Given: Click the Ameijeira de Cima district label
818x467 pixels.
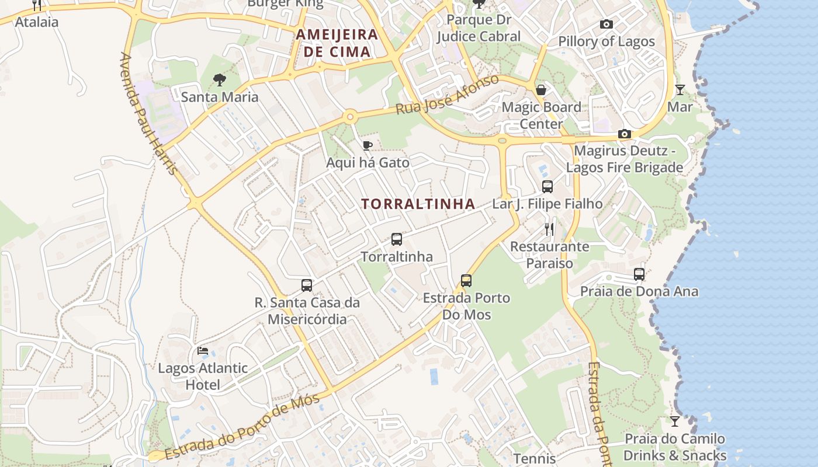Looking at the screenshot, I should tap(337, 43).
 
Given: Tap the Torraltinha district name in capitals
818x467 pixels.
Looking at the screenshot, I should tap(418, 204).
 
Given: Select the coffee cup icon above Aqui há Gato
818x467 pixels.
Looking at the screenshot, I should tap(368, 145).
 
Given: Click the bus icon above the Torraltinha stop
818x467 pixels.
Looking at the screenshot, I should tap(397, 239).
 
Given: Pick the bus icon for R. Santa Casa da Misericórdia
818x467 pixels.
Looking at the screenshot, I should tap(307, 285).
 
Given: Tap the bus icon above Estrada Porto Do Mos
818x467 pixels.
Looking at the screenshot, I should tap(466, 281).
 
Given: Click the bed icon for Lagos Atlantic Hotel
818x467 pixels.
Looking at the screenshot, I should tap(203, 351).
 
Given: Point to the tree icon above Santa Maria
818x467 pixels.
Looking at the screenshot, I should tap(220, 79).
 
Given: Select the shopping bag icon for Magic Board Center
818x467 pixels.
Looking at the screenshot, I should tap(541, 90).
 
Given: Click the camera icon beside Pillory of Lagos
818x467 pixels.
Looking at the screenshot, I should tap(606, 25).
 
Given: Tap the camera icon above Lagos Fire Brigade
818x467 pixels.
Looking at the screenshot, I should tap(625, 134).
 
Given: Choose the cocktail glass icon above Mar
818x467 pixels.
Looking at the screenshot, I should tap(680, 90).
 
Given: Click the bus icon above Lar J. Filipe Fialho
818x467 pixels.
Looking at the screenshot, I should tap(547, 187).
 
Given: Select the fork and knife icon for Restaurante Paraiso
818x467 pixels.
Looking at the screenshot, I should tap(549, 229).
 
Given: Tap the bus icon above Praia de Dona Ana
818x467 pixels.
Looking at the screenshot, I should tap(639, 274).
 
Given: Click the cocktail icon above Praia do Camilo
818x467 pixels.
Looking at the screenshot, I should tap(675, 421).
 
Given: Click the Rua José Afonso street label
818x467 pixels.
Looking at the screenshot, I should tap(447, 95).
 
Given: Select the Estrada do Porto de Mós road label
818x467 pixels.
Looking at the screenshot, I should tap(242, 427).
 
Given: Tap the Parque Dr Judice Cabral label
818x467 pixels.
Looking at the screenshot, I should tap(479, 28).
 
